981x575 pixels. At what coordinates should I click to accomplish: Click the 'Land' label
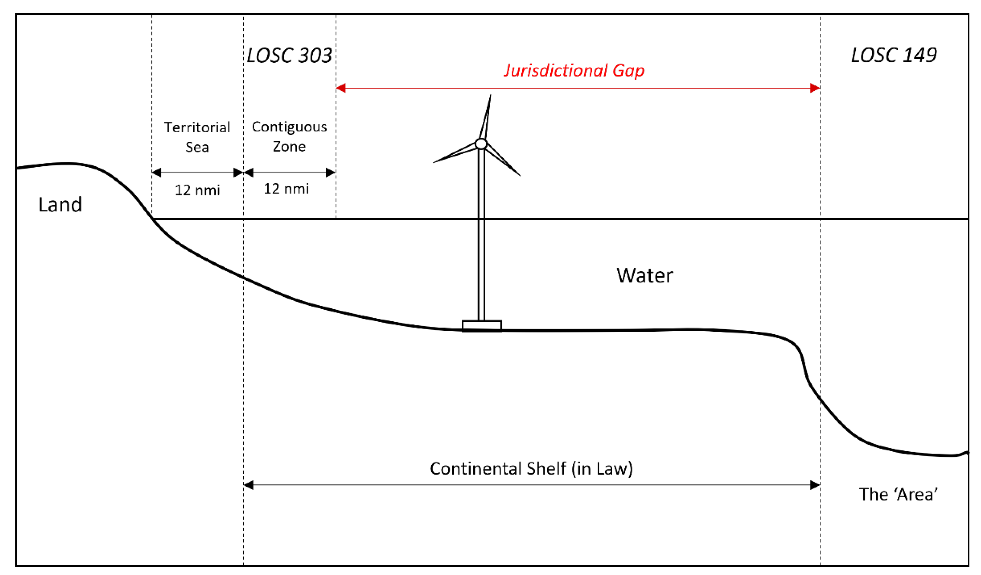tap(60, 205)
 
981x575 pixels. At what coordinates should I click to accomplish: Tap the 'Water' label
tap(645, 276)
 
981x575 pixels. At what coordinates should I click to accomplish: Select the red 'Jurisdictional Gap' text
tap(574, 71)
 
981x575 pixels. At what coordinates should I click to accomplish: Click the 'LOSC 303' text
tap(289, 55)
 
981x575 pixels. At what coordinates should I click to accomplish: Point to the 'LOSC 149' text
tap(894, 55)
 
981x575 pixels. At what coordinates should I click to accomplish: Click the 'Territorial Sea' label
tap(197, 137)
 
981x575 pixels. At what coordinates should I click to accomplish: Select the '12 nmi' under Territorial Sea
tap(197, 190)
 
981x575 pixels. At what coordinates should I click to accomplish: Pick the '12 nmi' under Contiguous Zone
tap(286, 189)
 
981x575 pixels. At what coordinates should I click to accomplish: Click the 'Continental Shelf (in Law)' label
tap(531, 469)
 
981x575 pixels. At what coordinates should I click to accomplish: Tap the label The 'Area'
tap(898, 495)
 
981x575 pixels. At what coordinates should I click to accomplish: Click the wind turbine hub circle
tap(481, 144)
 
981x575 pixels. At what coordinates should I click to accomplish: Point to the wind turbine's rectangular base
tap(481, 326)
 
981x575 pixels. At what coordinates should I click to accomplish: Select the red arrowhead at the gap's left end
tap(341, 88)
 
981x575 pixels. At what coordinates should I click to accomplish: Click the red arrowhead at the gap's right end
tap(815, 88)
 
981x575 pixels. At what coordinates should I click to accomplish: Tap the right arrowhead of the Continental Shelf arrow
tap(815, 485)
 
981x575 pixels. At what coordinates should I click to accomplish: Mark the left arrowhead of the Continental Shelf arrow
tap(249, 485)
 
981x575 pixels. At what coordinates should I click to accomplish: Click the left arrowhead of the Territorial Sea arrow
tap(157, 172)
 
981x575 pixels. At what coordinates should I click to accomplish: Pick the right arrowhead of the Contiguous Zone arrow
tap(331, 172)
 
